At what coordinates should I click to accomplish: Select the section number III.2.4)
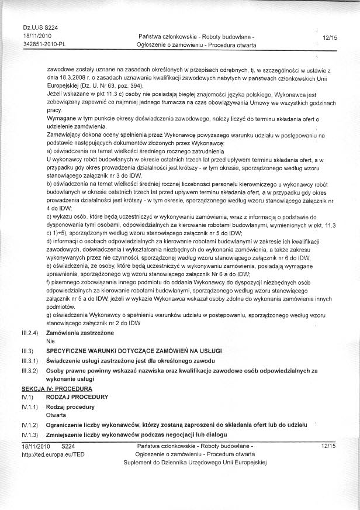(29, 332)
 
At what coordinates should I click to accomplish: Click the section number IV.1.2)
(29, 425)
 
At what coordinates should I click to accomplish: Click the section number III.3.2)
(29, 370)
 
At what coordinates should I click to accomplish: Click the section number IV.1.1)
(29, 405)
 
